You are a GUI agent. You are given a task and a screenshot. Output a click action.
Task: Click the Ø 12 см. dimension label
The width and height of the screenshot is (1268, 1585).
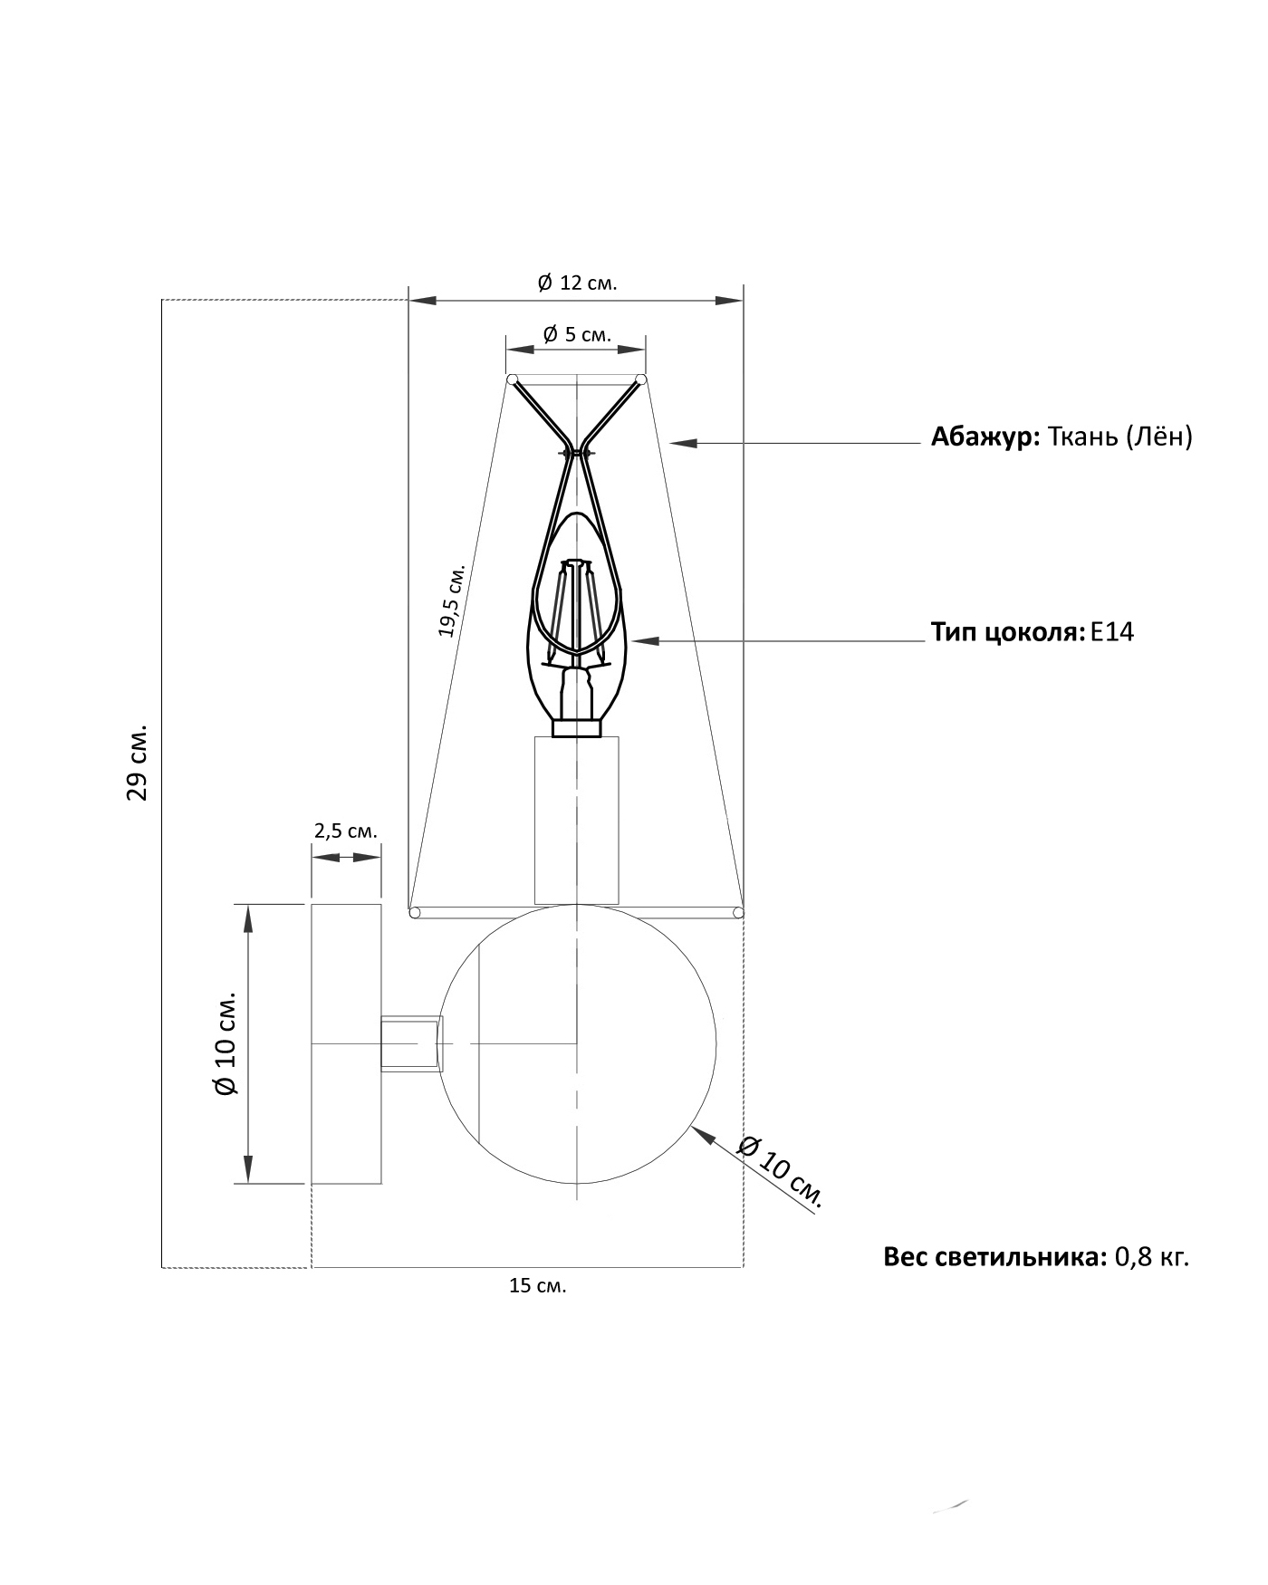click(x=576, y=283)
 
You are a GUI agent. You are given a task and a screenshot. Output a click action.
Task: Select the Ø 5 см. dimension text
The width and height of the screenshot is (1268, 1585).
click(x=576, y=334)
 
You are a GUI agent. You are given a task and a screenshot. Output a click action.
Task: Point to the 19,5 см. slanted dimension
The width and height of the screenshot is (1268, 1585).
click(x=451, y=600)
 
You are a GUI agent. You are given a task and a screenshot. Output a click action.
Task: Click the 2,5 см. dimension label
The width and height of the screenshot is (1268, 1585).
click(x=345, y=831)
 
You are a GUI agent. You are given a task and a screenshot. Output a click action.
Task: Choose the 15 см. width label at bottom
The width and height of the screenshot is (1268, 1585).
click(x=537, y=1285)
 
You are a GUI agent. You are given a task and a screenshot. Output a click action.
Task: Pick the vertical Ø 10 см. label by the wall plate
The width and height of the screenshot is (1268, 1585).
click(x=225, y=1043)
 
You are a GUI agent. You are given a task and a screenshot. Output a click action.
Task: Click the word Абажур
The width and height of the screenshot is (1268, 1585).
click(x=985, y=437)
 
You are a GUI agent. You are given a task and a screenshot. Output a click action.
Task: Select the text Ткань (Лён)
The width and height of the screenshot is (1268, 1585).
click(x=1119, y=437)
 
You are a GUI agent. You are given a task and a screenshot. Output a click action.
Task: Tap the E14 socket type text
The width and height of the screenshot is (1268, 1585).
click(x=1112, y=631)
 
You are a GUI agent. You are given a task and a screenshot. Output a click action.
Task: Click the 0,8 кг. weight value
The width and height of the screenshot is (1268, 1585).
click(x=1151, y=1257)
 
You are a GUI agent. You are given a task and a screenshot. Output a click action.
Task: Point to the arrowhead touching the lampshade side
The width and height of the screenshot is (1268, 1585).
click(x=680, y=443)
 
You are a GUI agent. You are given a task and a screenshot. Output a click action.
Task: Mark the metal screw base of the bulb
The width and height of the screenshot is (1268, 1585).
click(x=577, y=728)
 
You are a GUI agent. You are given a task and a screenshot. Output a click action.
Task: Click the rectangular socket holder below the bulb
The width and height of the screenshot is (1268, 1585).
click(x=577, y=820)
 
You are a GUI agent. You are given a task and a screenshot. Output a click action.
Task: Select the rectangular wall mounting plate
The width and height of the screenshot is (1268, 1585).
click(x=345, y=1043)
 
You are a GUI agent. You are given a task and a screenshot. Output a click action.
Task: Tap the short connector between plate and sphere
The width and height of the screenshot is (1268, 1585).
click(x=410, y=1043)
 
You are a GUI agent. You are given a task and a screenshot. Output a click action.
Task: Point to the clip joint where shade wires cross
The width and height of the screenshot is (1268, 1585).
click(x=577, y=451)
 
